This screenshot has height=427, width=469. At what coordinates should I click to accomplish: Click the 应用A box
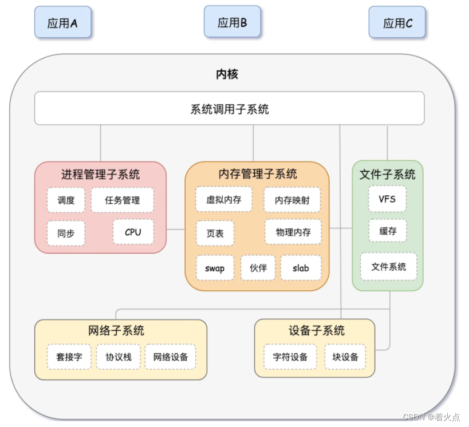62,23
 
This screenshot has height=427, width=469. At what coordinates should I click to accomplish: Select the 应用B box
232,22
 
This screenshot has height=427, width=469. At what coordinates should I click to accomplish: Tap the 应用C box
397,23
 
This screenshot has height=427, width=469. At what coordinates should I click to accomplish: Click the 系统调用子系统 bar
230,108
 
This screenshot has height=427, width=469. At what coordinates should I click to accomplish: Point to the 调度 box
66,200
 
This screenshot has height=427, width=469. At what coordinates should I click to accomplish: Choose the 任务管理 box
123,200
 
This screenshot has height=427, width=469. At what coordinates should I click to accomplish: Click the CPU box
133,232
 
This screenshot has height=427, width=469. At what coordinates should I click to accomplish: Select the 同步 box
66,233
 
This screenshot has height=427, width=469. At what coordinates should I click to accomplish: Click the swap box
215,268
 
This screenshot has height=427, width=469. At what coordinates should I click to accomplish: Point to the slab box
301,268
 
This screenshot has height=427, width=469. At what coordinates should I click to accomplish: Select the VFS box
388,199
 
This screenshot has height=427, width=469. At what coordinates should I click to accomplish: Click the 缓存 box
388,231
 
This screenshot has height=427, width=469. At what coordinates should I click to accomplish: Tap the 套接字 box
69,357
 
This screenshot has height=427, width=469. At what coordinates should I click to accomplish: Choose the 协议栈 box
119,357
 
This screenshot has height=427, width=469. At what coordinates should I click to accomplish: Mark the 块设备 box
345,357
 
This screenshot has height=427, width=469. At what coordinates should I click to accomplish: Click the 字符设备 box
290,357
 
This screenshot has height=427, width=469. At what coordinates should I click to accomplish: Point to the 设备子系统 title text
317,330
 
